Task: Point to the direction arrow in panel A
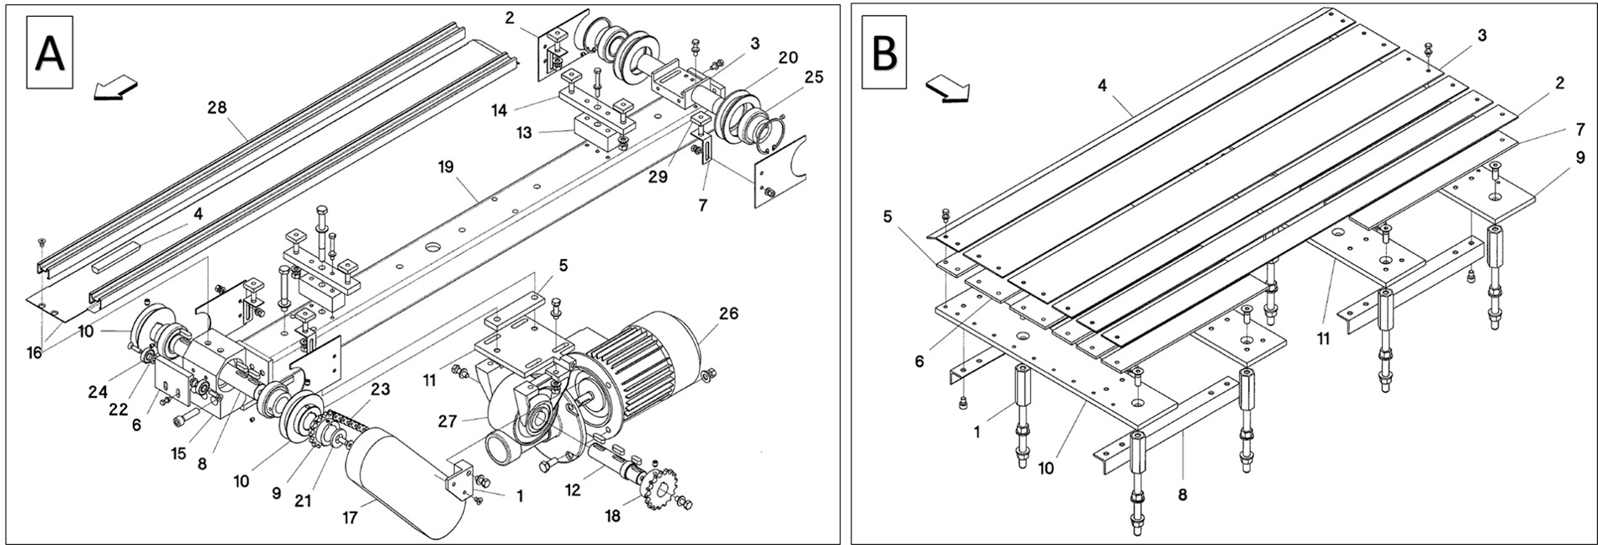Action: point(115,87)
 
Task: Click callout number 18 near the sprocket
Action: point(613,516)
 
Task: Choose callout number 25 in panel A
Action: point(813,77)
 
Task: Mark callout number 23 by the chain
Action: point(380,389)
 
